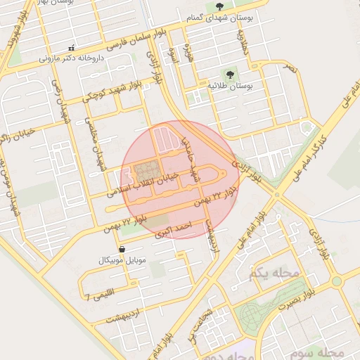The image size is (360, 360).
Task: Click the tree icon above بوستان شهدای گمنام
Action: [219, 6]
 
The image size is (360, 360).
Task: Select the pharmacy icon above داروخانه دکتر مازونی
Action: [71, 49]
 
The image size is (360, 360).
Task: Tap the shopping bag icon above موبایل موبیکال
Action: [122, 250]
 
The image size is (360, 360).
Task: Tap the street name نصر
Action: [289, 68]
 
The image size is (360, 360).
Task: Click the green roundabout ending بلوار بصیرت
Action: [336, 281]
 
